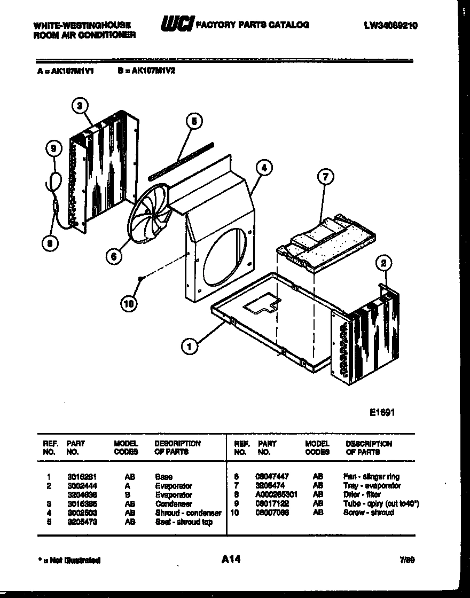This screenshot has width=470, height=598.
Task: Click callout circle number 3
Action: (80, 106)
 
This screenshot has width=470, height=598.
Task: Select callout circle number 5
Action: (194, 122)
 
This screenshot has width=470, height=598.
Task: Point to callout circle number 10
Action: (128, 304)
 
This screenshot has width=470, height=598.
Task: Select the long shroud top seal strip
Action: (181, 160)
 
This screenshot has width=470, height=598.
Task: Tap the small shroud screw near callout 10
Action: (139, 279)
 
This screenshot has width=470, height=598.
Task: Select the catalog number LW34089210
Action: (390, 25)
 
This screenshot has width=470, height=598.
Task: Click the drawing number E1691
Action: (381, 412)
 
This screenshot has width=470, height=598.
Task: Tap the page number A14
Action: (231, 559)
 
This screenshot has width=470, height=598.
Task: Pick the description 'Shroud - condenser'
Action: (188, 513)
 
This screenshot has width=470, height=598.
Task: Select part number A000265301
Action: (276, 494)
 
